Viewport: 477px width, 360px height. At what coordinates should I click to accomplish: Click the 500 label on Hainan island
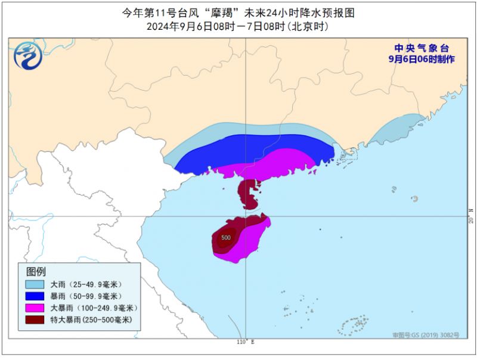(x=226, y=238)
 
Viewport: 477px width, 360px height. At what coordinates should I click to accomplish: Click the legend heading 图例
(x=36, y=271)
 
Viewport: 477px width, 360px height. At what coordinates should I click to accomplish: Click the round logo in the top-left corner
(x=28, y=56)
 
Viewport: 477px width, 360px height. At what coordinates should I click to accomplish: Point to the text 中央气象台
(x=421, y=48)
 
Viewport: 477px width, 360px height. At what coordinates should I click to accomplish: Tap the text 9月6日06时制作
(x=421, y=59)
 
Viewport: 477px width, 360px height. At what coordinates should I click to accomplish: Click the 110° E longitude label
(x=245, y=342)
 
